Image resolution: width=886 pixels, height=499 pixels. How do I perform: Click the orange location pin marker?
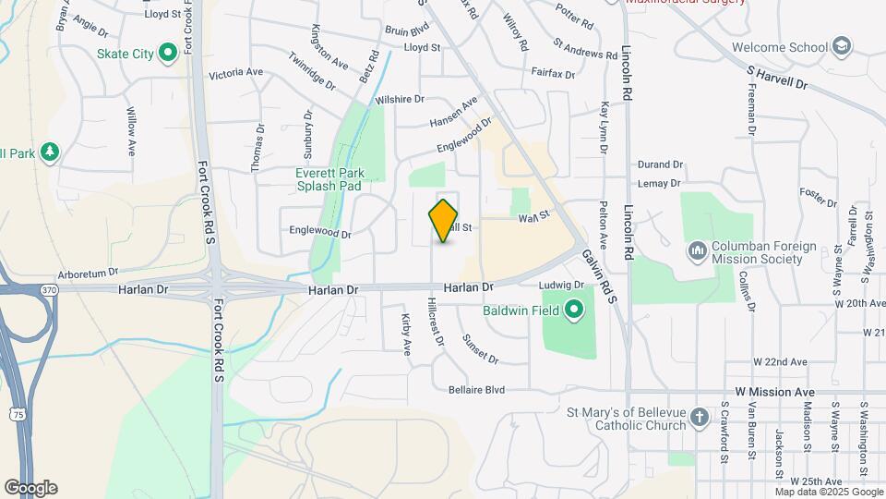pos(444,220)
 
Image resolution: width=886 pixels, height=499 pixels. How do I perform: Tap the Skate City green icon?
pos(168,53)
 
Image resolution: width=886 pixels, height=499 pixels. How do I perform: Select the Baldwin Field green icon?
pos(574,310)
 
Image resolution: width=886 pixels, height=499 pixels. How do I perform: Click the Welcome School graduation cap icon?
pos(842,46)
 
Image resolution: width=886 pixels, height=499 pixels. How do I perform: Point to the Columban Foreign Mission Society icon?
pos(697,249)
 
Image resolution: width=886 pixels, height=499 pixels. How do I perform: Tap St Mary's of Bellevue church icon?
pos(699,418)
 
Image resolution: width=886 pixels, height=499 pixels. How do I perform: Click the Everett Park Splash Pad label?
pos(329,179)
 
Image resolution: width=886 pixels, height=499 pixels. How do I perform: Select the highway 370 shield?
pos(49,290)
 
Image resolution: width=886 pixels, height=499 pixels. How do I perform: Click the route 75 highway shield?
pos(18,415)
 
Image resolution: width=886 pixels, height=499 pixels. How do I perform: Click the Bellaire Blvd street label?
pos(476,390)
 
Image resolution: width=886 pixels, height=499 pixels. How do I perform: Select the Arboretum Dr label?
pos(89,273)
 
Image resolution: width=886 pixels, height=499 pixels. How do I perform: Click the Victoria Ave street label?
pos(236,73)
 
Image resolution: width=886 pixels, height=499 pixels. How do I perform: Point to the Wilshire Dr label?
pos(399,99)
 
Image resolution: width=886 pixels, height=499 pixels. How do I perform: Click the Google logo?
pos(30,487)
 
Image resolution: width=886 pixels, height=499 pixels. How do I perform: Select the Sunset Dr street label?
pos(481,349)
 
